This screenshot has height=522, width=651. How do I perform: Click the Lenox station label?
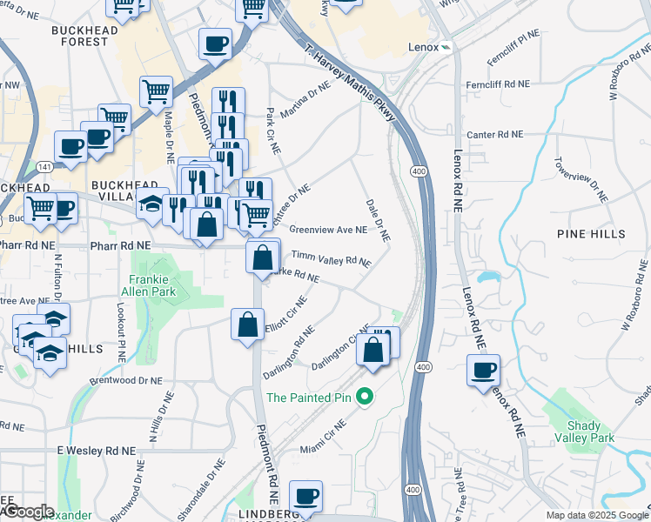coord(422,46)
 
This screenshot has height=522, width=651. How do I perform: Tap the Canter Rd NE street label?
coord(495,135)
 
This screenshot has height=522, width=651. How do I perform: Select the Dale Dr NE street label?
coord(378,218)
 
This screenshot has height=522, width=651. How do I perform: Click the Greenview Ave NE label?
coord(327,230)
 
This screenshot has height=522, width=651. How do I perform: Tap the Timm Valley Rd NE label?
coord(331,258)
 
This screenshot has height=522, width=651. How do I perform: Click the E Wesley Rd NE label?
coord(97,452)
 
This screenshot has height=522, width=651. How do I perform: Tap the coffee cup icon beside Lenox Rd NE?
coord(484,370)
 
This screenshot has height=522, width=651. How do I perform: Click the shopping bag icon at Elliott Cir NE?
coord(248,325)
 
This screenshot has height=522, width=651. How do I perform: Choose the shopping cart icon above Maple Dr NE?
coord(157,90)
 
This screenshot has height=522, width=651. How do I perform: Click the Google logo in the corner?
coord(29,512)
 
